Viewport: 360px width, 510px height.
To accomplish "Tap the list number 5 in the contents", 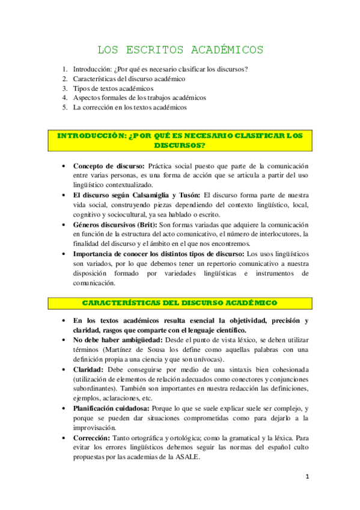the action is (64, 108).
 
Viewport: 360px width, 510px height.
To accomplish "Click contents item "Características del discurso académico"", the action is (129, 79).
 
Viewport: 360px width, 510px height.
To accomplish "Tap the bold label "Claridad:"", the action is (87, 369).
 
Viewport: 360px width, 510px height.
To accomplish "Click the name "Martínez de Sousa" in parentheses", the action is (132, 349).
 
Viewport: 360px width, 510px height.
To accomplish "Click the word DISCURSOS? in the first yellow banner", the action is (180, 146).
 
